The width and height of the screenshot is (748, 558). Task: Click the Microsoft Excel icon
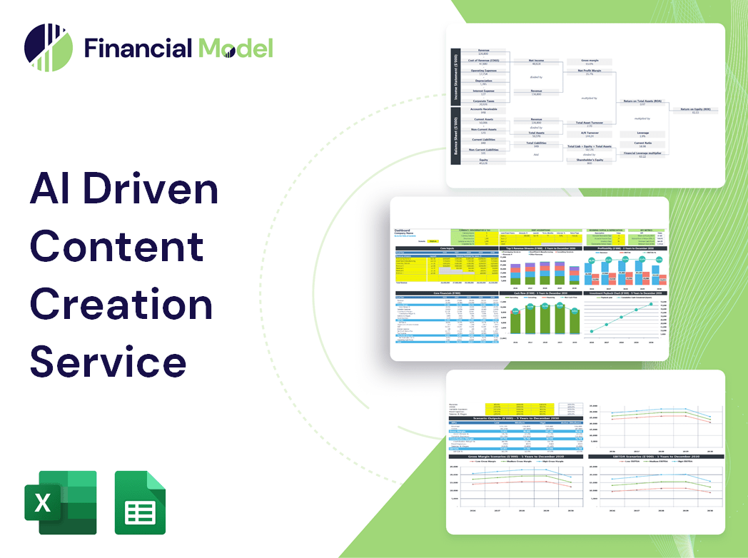click(x=61, y=502)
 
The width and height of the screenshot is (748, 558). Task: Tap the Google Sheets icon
click(x=141, y=502)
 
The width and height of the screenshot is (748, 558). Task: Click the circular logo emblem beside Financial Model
click(x=49, y=49)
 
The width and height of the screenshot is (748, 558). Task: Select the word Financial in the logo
click(x=138, y=49)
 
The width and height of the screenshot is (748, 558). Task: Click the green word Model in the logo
click(x=235, y=49)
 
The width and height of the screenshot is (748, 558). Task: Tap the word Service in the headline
click(x=108, y=361)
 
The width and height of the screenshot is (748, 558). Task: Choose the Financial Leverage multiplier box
click(x=642, y=154)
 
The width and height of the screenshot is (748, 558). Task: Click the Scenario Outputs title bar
click(x=513, y=418)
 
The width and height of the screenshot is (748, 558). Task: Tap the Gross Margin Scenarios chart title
click(x=513, y=456)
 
